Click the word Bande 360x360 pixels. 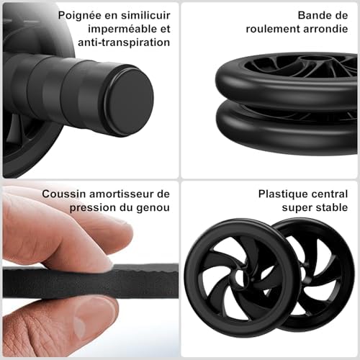click(315, 14)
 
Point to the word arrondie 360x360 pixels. click(321, 28)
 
